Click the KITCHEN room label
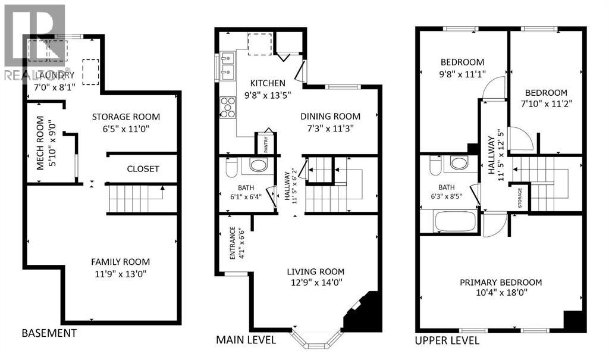267,83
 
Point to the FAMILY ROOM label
120,261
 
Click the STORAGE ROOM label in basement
125,117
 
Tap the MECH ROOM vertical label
40,143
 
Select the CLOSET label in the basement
143,168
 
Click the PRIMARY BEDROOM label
501,282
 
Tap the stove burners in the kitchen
228,108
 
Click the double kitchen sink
226,66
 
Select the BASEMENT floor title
49,333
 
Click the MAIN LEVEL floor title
246,340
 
